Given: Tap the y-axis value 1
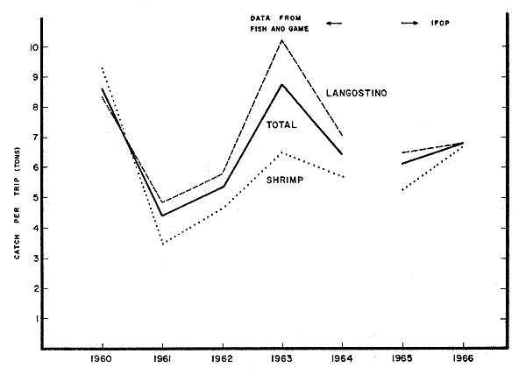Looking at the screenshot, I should tap(32, 319).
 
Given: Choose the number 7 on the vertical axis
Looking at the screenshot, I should tap(32, 138).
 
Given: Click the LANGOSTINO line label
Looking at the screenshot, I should tap(357, 93).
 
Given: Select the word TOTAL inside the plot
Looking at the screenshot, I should tap(281, 125).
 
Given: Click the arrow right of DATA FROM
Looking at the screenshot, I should tap(332, 24).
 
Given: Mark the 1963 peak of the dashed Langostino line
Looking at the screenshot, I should tap(281, 40).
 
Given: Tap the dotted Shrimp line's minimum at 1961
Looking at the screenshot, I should tap(163, 243).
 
